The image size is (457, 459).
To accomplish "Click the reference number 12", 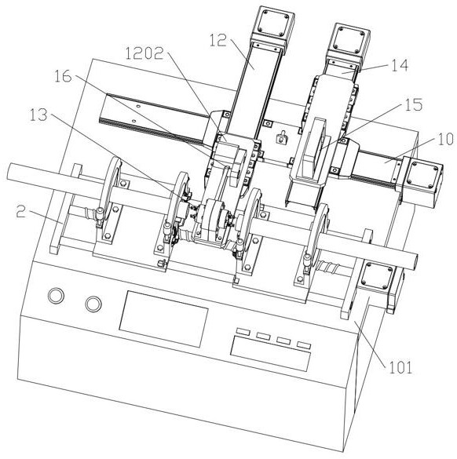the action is click(x=218, y=40).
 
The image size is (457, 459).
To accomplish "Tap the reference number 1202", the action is click(x=144, y=53).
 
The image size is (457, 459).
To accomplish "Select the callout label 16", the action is click(x=63, y=76).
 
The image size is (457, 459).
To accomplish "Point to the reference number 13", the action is click(x=38, y=115).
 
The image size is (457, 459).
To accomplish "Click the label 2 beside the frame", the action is click(x=21, y=211).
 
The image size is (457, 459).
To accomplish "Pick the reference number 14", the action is click(x=400, y=65).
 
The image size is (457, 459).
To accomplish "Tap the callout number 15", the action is click(x=413, y=105).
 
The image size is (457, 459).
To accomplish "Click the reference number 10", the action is click(x=445, y=140).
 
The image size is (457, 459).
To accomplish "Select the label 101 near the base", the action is click(x=400, y=368).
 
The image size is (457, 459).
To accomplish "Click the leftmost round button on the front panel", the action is click(x=56, y=295).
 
